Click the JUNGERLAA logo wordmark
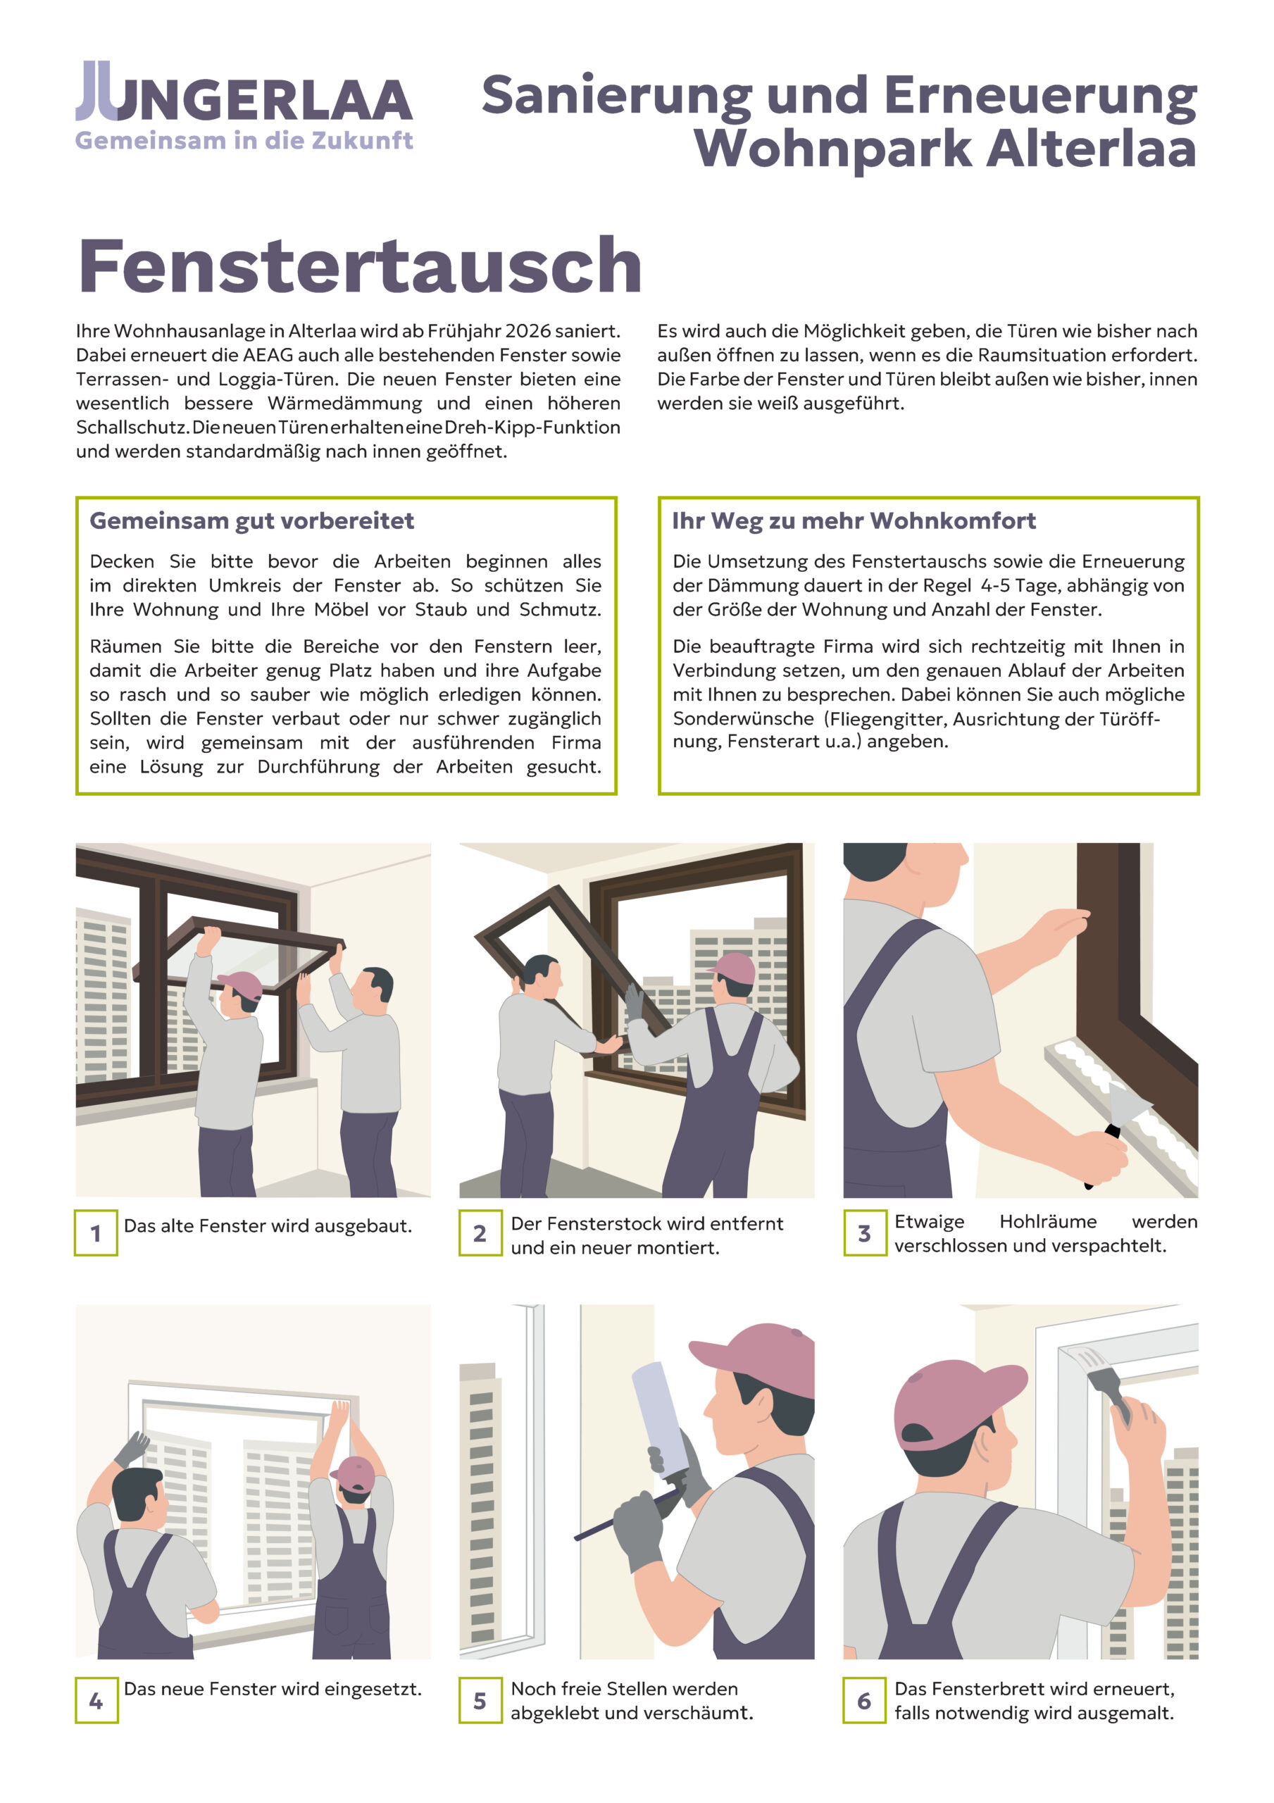pos(244,91)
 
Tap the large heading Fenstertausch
pos(361,266)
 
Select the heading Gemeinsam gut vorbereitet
pos(251,520)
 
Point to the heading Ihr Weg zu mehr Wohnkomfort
pos(854,520)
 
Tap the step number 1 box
pos(96,1233)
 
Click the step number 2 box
pos(480,1233)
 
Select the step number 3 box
pos(865,1233)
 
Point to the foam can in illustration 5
pos(661,1421)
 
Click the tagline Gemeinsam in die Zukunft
pos(244,141)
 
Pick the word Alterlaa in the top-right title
pos(1091,149)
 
